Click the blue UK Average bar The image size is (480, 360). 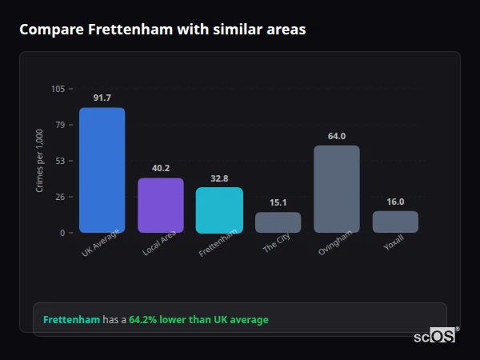coord(102,170)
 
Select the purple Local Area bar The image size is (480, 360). coord(161,206)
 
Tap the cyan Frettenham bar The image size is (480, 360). coord(219,210)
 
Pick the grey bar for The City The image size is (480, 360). coord(278,222)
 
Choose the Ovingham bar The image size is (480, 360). coord(337,190)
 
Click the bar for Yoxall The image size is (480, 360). coord(395,222)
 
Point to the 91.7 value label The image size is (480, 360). coord(102,98)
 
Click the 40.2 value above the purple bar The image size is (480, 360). coord(161,168)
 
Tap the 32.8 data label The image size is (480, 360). coord(219,178)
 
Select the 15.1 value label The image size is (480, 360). coord(278,202)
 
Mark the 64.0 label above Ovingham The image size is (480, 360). coord(337,136)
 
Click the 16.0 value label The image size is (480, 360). coord(395,202)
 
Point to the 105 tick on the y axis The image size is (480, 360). coord(58,89)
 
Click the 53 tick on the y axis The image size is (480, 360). coord(60,161)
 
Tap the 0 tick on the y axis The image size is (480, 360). coord(62,233)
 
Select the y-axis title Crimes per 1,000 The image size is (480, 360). coord(40,161)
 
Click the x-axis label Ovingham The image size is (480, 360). coord(334,244)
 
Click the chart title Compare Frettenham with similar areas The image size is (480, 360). coord(162,30)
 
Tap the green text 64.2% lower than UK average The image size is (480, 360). coord(198,320)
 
